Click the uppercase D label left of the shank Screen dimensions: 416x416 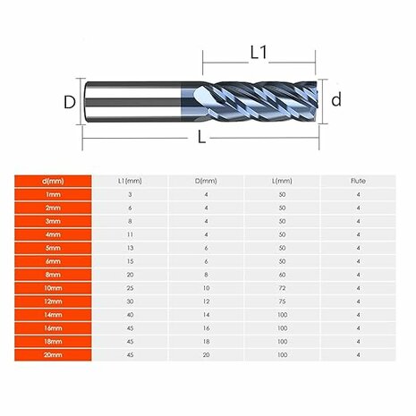click(69, 102)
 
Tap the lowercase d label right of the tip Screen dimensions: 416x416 click(336, 100)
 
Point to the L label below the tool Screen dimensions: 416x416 click(202, 137)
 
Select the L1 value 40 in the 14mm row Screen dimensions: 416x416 click(131, 316)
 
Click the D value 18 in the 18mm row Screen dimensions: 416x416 click(207, 341)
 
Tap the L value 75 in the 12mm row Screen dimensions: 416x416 click(282, 302)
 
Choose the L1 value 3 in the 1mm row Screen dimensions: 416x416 click(131, 194)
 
